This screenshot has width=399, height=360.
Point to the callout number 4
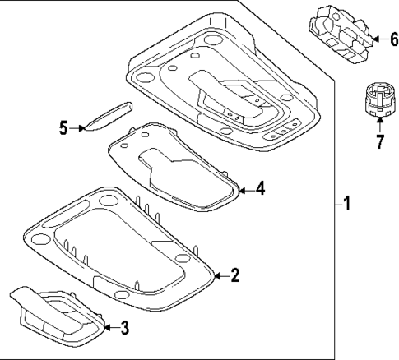260,189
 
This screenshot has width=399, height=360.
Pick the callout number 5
63,127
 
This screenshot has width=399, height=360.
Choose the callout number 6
383,38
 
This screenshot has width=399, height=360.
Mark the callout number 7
379,142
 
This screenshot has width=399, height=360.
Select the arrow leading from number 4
244,189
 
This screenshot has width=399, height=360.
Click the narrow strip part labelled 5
109,114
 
